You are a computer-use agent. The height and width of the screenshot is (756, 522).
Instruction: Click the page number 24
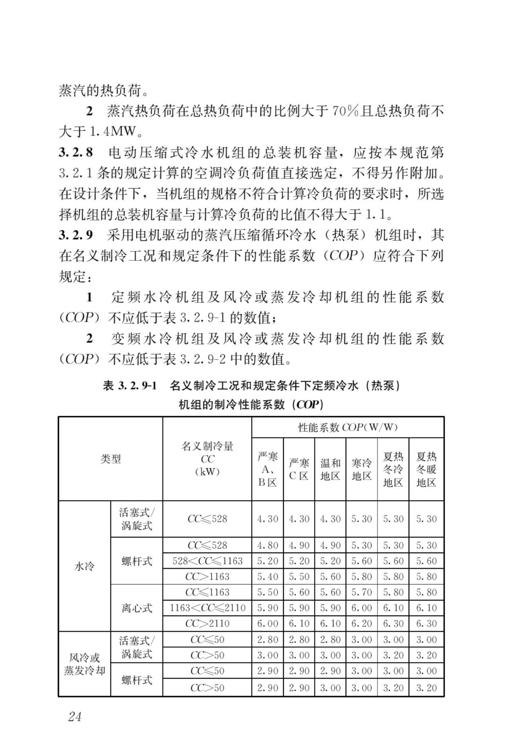point(75,716)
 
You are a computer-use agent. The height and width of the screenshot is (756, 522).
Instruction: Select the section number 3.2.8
point(76,153)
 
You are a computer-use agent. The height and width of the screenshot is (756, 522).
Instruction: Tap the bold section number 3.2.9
point(76,235)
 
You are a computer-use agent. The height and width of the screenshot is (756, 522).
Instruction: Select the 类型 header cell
point(111,459)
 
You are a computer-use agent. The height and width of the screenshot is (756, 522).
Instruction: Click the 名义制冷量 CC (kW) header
point(207,459)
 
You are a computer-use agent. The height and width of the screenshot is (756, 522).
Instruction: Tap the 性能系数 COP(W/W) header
point(347,428)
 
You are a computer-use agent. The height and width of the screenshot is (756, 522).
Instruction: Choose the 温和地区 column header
point(330,469)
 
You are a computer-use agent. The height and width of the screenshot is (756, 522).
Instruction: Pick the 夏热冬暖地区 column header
point(426,469)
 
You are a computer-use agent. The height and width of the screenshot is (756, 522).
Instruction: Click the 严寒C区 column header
point(299,469)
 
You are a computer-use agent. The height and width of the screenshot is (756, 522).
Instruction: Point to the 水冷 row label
point(84,566)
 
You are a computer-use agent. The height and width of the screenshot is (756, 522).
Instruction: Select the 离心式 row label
point(137,608)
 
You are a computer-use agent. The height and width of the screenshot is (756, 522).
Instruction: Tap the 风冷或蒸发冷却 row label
point(84,664)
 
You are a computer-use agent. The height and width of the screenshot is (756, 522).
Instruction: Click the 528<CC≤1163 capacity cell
point(207,561)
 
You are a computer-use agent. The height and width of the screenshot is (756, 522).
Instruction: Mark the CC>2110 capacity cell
point(207,623)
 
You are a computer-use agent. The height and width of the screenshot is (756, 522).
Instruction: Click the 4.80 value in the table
point(268,545)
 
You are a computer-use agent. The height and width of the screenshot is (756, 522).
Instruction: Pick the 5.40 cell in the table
point(268,576)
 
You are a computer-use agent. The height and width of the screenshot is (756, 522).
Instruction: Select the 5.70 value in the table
point(362,592)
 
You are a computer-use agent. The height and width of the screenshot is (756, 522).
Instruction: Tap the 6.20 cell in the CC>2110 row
point(362,623)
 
